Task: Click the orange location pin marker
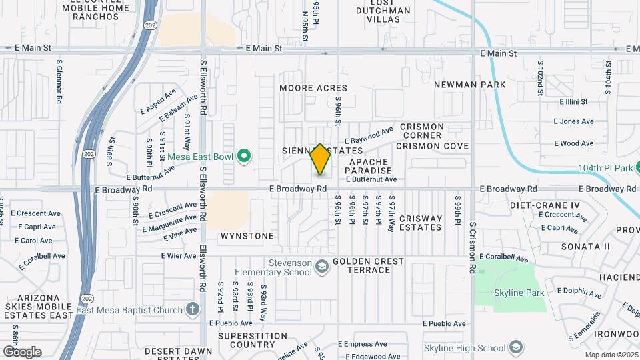(320, 160)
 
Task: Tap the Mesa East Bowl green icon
(244, 157)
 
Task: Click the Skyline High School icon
(515, 347)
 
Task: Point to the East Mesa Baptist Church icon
(193, 309)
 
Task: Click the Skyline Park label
(519, 293)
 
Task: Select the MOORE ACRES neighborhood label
(313, 88)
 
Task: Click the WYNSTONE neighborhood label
(247, 236)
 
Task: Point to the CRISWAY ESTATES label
(411, 223)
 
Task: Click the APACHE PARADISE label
(368, 166)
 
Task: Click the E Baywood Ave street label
(369, 136)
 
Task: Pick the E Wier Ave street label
(179, 255)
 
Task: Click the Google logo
(21, 351)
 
